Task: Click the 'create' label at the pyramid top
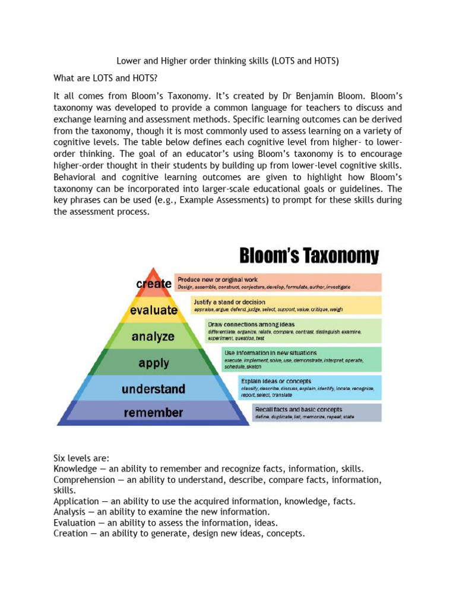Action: (x=154, y=284)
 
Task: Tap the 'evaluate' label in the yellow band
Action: (x=154, y=310)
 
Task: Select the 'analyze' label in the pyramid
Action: (x=153, y=337)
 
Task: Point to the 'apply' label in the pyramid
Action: (x=153, y=362)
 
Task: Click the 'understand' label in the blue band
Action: (x=153, y=389)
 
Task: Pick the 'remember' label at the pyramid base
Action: (x=153, y=412)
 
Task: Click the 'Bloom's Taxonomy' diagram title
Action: (x=309, y=256)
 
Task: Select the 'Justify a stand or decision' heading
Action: (x=229, y=302)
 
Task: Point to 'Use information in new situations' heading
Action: (x=270, y=353)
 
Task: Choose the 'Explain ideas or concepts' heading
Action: (x=275, y=381)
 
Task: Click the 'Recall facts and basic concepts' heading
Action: (x=298, y=409)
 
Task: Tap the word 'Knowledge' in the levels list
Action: (x=74, y=469)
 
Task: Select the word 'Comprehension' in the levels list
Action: (x=84, y=480)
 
